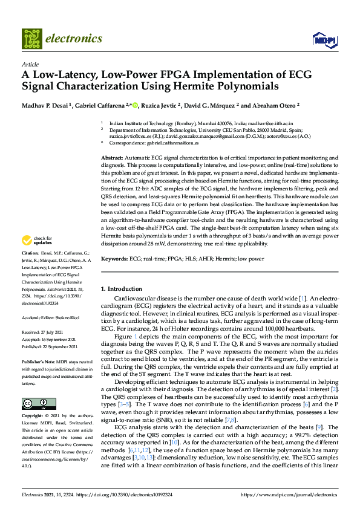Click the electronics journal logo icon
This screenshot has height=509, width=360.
(31, 38)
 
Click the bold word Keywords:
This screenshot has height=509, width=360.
(114, 259)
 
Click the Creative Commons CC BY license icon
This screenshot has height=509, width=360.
(35, 386)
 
